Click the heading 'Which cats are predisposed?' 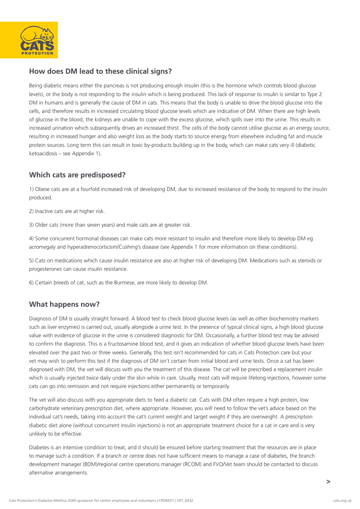tap(77, 175)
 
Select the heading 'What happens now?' tap(64, 304)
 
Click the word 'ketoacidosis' tap(43, 154)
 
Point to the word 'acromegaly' tap(42, 247)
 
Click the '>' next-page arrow tap(328, 482)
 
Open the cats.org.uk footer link tap(342, 501)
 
